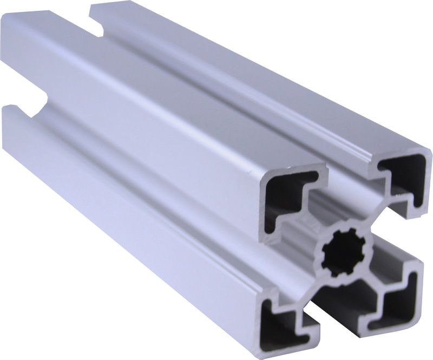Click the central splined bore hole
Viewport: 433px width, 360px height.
(x=343, y=253)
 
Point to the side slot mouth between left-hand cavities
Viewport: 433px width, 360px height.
(x=281, y=260)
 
